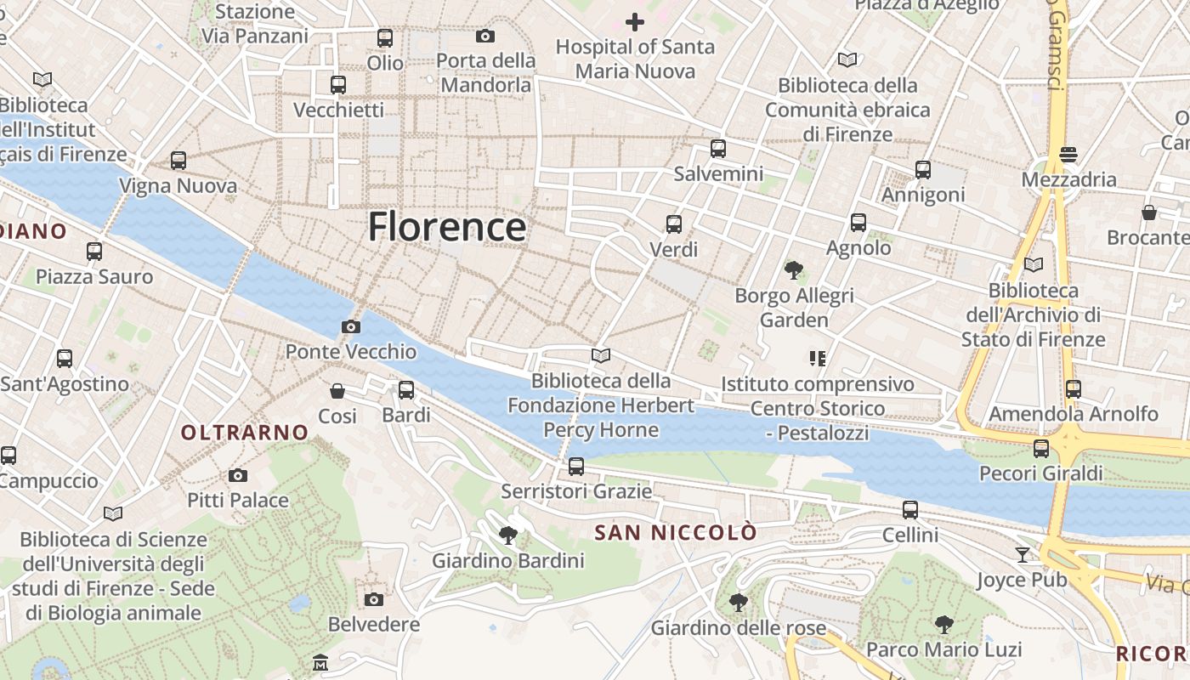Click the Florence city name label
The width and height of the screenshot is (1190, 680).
(447, 227)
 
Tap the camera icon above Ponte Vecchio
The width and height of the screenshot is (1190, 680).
(350, 326)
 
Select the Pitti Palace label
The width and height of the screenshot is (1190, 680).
(238, 500)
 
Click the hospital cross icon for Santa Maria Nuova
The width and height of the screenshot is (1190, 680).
(634, 22)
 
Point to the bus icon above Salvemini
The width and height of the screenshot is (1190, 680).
(718, 149)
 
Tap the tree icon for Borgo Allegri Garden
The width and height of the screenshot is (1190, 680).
(794, 270)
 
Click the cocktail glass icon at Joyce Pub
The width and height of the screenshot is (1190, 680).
(1022, 555)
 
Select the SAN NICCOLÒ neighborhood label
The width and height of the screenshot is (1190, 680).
(675, 533)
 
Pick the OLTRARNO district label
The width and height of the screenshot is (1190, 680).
(245, 433)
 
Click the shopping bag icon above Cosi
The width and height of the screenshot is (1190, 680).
(337, 391)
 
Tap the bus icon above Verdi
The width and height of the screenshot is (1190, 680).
(674, 224)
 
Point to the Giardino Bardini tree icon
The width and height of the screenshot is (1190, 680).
(508, 535)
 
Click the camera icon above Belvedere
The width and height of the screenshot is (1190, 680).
(373, 599)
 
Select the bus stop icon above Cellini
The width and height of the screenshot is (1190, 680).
(910, 510)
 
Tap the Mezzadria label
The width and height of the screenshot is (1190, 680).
(1068, 179)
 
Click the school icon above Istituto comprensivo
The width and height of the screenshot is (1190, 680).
(818, 359)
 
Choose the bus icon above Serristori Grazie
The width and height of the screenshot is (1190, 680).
(576, 467)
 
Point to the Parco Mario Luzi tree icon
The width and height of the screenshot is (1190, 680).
(943, 625)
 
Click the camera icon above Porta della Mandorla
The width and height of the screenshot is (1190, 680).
(485, 36)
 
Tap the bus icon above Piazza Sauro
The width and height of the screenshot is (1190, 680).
(94, 252)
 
